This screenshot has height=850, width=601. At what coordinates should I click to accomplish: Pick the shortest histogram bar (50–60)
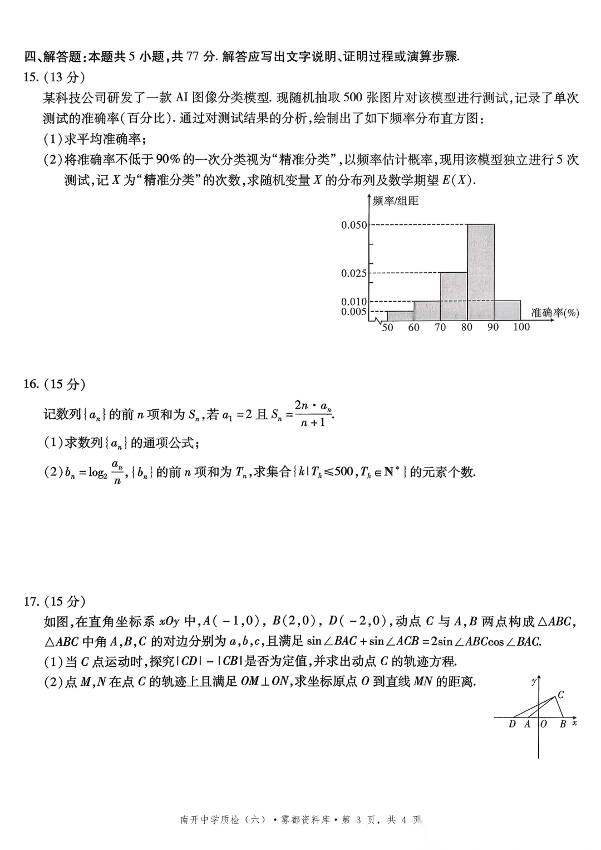click(400, 316)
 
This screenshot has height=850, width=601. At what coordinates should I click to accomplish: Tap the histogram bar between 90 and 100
click(508, 310)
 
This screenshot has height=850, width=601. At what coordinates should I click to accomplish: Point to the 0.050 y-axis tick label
click(354, 225)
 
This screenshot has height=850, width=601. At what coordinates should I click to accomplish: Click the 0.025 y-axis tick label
click(354, 273)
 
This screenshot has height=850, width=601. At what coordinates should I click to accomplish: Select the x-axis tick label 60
click(413, 327)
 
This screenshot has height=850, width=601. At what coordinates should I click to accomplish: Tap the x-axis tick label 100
click(521, 327)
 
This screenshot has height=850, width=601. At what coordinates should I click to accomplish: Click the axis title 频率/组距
click(395, 201)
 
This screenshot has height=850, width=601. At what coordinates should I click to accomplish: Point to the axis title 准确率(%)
click(555, 313)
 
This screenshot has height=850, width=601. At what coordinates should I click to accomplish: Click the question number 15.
click(31, 77)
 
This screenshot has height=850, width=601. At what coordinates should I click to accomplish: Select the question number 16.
click(31, 384)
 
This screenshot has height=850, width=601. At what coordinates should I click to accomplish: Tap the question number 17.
click(31, 601)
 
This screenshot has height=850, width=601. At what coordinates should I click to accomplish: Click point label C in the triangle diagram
click(561, 694)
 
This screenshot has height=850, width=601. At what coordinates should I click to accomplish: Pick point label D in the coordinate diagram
click(512, 724)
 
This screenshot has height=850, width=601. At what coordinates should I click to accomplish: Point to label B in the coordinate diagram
click(563, 724)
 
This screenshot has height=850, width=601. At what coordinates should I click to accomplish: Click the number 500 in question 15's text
click(353, 98)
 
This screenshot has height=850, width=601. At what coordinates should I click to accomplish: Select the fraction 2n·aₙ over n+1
click(313, 414)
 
